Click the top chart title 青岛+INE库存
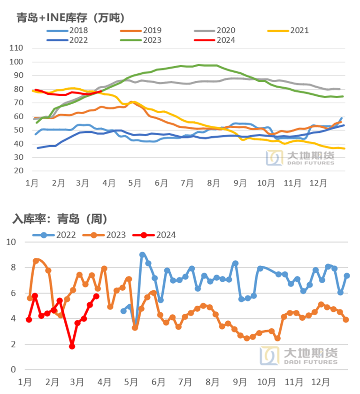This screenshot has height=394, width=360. pos(70,18)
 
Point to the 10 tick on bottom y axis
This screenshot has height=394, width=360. pos(11,242)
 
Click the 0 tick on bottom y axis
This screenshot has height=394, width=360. pos(13,370)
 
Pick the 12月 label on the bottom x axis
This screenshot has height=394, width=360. pos(322,382)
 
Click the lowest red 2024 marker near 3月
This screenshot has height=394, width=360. pos(72,346)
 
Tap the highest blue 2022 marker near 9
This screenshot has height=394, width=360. pos(142,255)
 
